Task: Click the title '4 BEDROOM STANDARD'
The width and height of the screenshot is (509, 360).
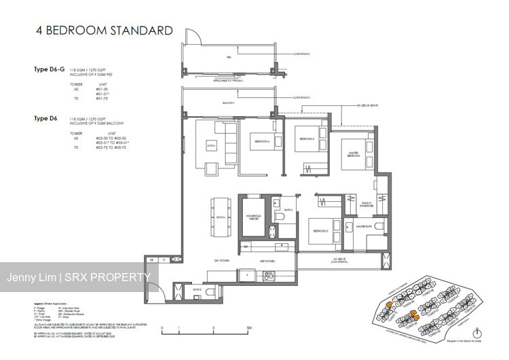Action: click(x=102, y=31)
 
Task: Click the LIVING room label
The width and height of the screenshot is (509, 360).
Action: click(x=211, y=144)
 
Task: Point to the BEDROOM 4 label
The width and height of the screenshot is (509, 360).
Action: click(x=262, y=141)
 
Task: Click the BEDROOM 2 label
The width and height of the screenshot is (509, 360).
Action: click(x=320, y=232)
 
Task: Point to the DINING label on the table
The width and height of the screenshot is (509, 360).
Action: click(x=219, y=217)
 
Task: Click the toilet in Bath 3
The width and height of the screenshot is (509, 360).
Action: click(x=280, y=217)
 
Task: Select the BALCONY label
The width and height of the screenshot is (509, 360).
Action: click(x=227, y=103)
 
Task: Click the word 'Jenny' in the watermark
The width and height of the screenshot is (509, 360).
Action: click(x=22, y=277)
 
